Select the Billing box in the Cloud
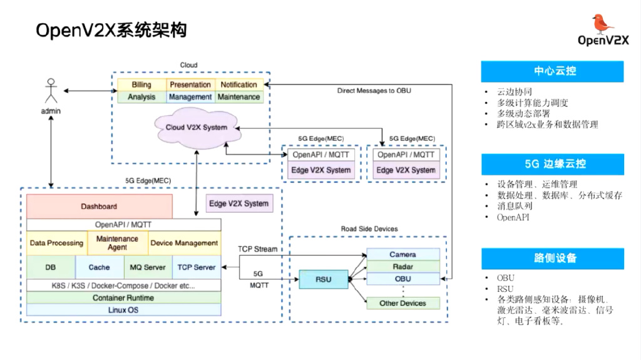coord(141,85)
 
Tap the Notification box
coord(238,85)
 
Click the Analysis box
coord(141,97)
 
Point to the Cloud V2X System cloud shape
coord(197,127)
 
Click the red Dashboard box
coord(99,206)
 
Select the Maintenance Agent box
coord(117,243)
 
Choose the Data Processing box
coord(56,243)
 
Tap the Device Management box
coord(184,243)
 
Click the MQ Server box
coord(148,267)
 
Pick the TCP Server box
coord(197,267)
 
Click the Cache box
coord(99,267)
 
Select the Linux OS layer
coord(123,310)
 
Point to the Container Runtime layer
coord(123,298)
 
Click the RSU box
coord(323,279)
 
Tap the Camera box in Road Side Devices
coord(403,255)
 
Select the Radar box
coord(403,267)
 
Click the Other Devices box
coord(403,304)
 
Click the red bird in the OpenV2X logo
coord(603,24)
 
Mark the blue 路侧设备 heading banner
coord(553,259)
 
